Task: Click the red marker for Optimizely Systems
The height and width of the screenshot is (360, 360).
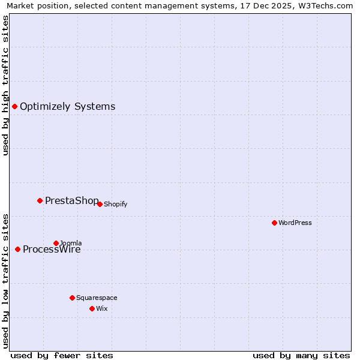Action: pyautogui.click(x=14, y=106)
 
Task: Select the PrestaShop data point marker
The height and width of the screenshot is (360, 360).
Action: pyautogui.click(x=40, y=200)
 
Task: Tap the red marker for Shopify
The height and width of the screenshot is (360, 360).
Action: pyautogui.click(x=100, y=204)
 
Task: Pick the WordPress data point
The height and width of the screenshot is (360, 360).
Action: pyautogui.click(x=274, y=223)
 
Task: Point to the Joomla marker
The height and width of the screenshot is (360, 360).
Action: pyautogui.click(x=56, y=243)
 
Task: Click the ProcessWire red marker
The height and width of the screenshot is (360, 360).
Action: pyautogui.click(x=17, y=249)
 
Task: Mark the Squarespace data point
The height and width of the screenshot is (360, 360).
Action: pyautogui.click(x=72, y=298)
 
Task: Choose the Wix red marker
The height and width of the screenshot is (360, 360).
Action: pyautogui.click(x=92, y=308)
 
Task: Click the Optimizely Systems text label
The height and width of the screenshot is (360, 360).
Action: pyautogui.click(x=67, y=107)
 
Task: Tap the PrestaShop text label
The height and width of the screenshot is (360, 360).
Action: pyautogui.click(x=71, y=200)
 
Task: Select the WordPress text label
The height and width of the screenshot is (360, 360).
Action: pyautogui.click(x=295, y=223)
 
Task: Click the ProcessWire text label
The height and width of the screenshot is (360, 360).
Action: pyautogui.click(x=52, y=250)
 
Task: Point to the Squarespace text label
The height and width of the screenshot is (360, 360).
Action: pyautogui.click(x=97, y=298)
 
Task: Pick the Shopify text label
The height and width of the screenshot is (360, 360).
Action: pyautogui.click(x=115, y=204)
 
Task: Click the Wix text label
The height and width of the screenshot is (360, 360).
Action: pyautogui.click(x=101, y=308)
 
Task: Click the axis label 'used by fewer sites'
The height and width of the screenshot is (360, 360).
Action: pyautogui.click(x=62, y=355)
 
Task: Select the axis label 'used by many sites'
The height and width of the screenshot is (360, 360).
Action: pyautogui.click(x=301, y=355)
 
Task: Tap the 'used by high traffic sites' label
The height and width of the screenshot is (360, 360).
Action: pyautogui.click(x=5, y=85)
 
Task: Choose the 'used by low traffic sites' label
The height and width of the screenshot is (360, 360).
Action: pyautogui.click(x=5, y=281)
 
